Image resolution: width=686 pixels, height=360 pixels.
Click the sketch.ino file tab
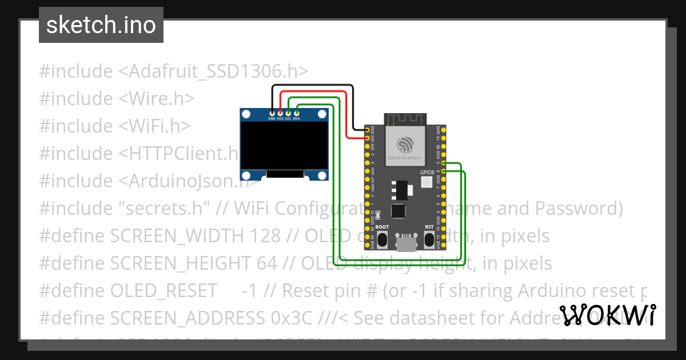click(x=101, y=25)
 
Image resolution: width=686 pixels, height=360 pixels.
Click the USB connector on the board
click(x=406, y=243)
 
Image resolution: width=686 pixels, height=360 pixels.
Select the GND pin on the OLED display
click(x=272, y=113)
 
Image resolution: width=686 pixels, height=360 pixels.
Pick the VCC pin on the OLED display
click(x=280, y=113)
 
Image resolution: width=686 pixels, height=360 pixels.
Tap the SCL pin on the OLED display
click(x=289, y=113)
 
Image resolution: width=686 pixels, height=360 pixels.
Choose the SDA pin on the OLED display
click(x=297, y=113)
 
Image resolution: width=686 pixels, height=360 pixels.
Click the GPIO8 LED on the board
click(x=426, y=182)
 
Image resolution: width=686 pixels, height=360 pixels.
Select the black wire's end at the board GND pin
click(x=368, y=130)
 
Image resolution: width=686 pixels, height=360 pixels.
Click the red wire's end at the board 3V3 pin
click(x=368, y=138)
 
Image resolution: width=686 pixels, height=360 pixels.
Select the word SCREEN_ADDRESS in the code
click(x=178, y=318)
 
